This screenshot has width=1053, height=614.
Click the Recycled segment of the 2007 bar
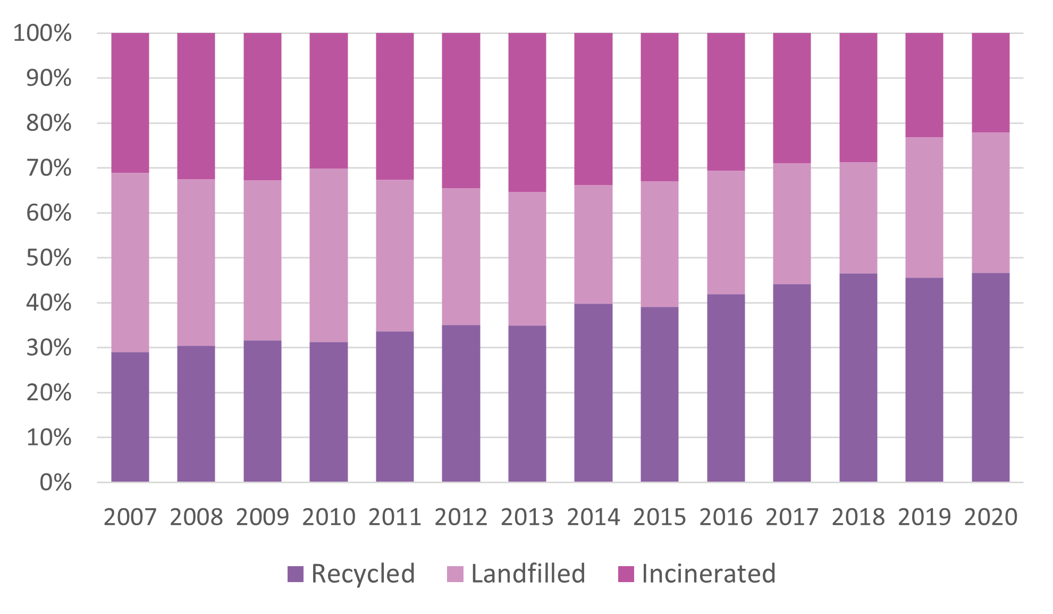pyautogui.click(x=130, y=417)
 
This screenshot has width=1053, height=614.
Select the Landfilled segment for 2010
pyautogui.click(x=328, y=255)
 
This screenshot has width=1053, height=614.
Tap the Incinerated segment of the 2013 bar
pyautogui.click(x=527, y=112)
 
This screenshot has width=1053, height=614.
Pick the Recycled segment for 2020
pyautogui.click(x=990, y=377)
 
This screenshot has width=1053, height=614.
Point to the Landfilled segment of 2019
pyautogui.click(x=924, y=207)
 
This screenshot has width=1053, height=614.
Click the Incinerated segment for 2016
pyautogui.click(x=726, y=102)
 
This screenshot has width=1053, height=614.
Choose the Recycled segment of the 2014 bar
pyautogui.click(x=593, y=393)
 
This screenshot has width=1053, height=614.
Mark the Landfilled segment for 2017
pyautogui.click(x=792, y=223)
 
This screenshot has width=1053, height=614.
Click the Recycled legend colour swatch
pyautogui.click(x=296, y=574)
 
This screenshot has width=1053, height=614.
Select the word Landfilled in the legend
pyautogui.click(x=528, y=574)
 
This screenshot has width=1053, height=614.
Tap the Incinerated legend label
pyautogui.click(x=709, y=574)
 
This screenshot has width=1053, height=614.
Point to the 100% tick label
pyautogui.click(x=43, y=33)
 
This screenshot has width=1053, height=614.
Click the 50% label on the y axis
pyautogui.click(x=49, y=258)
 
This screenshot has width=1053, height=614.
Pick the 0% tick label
pyautogui.click(x=55, y=483)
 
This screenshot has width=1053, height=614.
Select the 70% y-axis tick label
pyautogui.click(x=49, y=168)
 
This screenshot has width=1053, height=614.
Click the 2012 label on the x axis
pyautogui.click(x=461, y=517)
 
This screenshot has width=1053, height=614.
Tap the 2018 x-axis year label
pyautogui.click(x=858, y=517)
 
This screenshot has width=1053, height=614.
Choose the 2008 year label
pyautogui.click(x=196, y=517)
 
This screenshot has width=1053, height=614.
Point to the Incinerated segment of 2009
pyautogui.click(x=263, y=106)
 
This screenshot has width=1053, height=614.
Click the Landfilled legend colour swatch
pyautogui.click(x=455, y=574)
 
